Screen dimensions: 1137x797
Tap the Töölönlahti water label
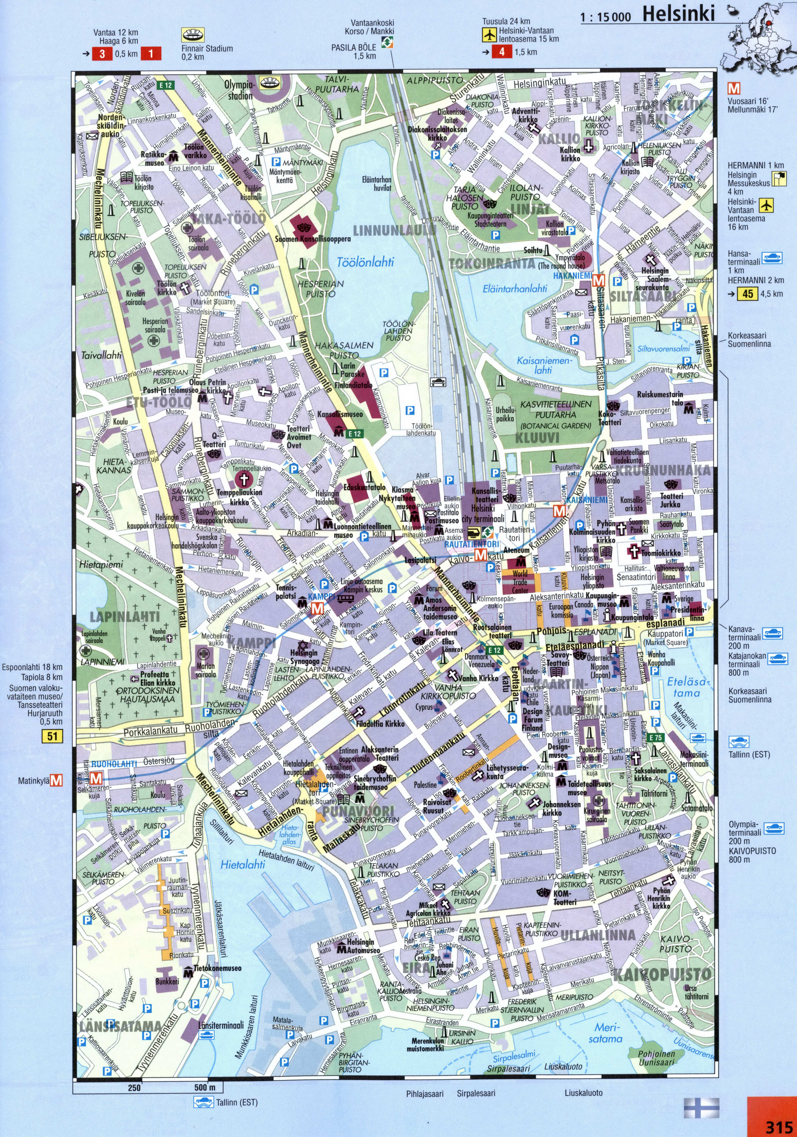point(365,262)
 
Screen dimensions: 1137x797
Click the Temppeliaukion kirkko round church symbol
point(243,479)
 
